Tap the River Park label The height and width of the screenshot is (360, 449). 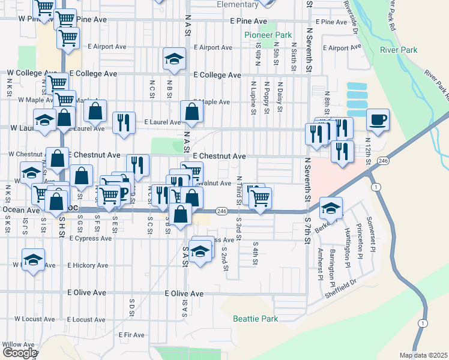pos(399,50)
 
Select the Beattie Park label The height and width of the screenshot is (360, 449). pos(255,319)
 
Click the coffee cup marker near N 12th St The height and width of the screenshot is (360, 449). pos(377,119)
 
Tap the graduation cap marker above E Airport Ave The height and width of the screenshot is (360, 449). pos(174,58)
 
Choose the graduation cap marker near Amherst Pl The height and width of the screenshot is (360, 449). pos(331,208)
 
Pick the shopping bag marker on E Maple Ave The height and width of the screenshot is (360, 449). pos(191,112)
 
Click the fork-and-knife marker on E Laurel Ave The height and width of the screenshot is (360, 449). pos(124,122)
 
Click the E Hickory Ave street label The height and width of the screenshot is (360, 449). pos(88,265)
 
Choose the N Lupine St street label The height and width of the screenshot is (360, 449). pos(254,97)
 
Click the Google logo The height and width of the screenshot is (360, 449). pos(19,353)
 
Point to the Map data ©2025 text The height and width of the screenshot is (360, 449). pos(423,355)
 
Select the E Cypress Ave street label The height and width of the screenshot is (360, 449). pos(91,238)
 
